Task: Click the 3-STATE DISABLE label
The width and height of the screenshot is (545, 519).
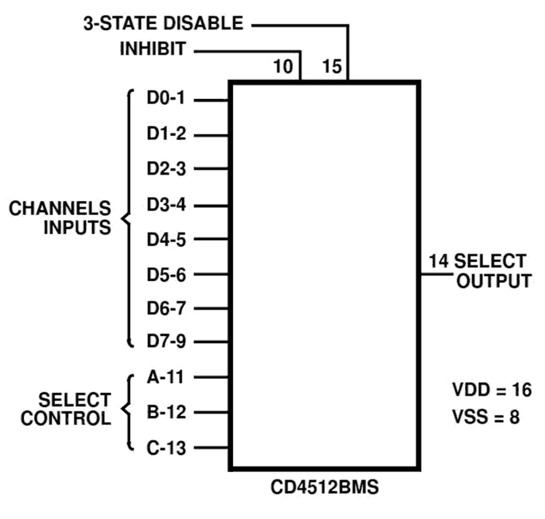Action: pyautogui.click(x=163, y=23)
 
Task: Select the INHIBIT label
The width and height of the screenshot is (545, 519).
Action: pyautogui.click(x=153, y=49)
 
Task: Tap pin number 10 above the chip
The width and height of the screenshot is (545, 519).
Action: pyautogui.click(x=283, y=67)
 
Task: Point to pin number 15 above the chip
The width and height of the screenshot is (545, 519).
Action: pyautogui.click(x=332, y=67)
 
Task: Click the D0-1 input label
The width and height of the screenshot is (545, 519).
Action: pyautogui.click(x=166, y=98)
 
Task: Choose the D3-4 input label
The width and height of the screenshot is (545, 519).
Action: pyautogui.click(x=166, y=205)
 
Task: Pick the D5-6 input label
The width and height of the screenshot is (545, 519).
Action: pyautogui.click(x=166, y=275)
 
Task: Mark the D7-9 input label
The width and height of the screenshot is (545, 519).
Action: pyautogui.click(x=166, y=341)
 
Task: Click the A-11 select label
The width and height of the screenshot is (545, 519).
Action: pyautogui.click(x=165, y=377)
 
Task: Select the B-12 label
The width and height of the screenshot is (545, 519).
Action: pyautogui.click(x=166, y=412)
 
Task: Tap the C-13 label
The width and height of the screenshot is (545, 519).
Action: pyautogui.click(x=166, y=448)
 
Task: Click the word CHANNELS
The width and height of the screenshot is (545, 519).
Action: pyautogui.click(x=60, y=209)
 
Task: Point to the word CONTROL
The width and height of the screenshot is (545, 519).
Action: pyautogui.click(x=66, y=419)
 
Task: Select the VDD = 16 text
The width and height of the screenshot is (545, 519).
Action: pyautogui.click(x=492, y=390)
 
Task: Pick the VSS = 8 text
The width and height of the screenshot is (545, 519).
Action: pyautogui.click(x=486, y=417)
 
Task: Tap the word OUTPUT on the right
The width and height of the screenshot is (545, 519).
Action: pyautogui.click(x=494, y=281)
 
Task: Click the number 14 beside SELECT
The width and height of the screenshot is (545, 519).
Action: pyautogui.click(x=438, y=261)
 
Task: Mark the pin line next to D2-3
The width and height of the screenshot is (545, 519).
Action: pyautogui.click(x=211, y=169)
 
